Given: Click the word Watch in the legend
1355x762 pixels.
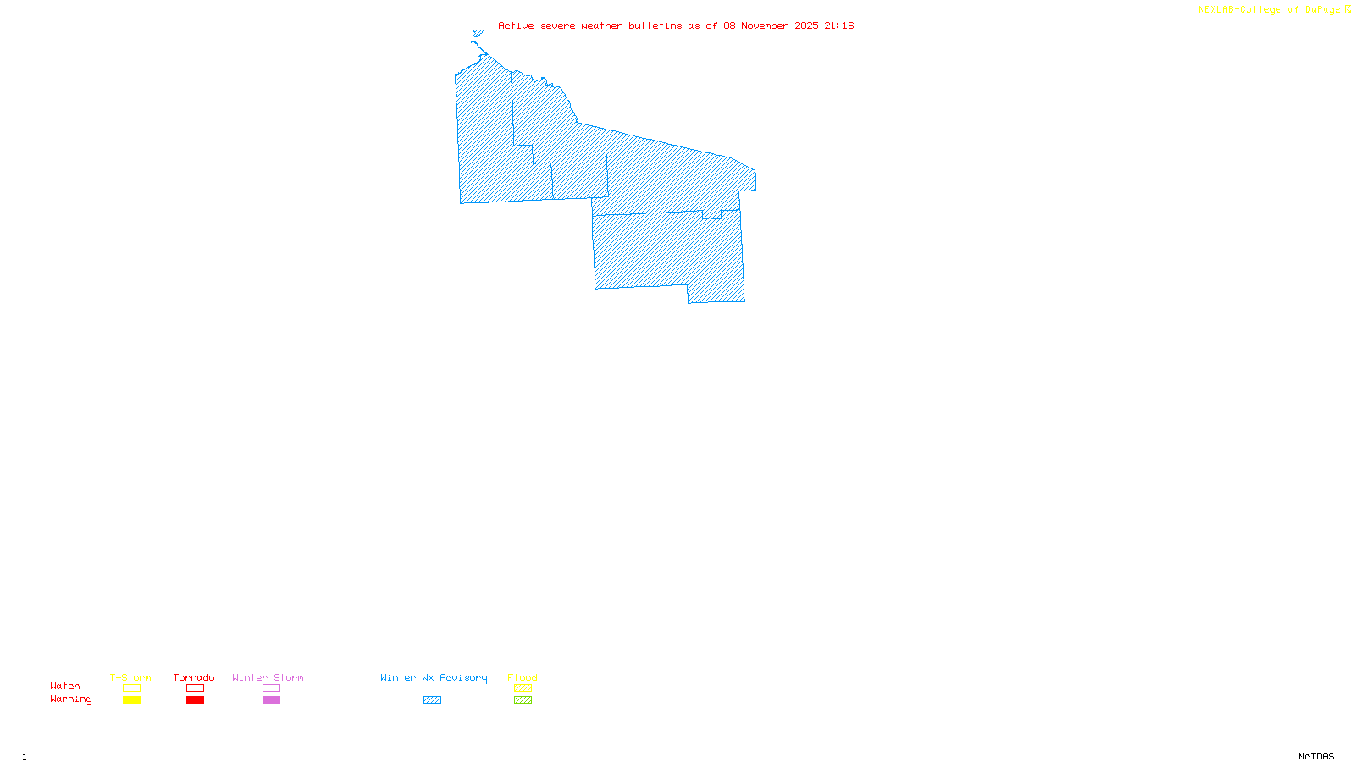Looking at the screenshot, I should coord(65,686).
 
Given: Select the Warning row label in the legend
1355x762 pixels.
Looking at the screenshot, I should coord(71,699).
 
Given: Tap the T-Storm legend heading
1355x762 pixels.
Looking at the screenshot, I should coord(130,677).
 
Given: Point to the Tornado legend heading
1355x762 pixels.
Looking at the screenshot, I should coord(194,677).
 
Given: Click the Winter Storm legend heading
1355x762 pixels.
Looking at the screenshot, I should coord(268,677).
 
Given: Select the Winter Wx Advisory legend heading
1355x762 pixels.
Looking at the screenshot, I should coord(434,677).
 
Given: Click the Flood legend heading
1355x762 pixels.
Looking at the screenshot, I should coord(523,677).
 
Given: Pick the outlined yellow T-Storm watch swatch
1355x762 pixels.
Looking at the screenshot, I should coord(131,688).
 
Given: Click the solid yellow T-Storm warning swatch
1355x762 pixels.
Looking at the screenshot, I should coord(131,700).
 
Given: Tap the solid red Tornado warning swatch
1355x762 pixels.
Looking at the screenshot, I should coord(195,700).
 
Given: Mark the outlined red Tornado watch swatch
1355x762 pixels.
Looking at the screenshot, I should coord(195,688).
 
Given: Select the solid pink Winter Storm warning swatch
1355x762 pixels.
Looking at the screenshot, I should coord(271,700).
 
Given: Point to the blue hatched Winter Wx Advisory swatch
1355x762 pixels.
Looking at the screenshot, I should coord(432,700).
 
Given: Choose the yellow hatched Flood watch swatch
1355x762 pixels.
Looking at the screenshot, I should coord(523,688).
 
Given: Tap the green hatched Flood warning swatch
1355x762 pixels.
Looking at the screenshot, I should coord(523,700).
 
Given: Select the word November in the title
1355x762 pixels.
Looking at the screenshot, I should coord(765,25).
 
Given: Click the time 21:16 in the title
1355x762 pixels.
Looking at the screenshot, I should coord(839,25).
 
